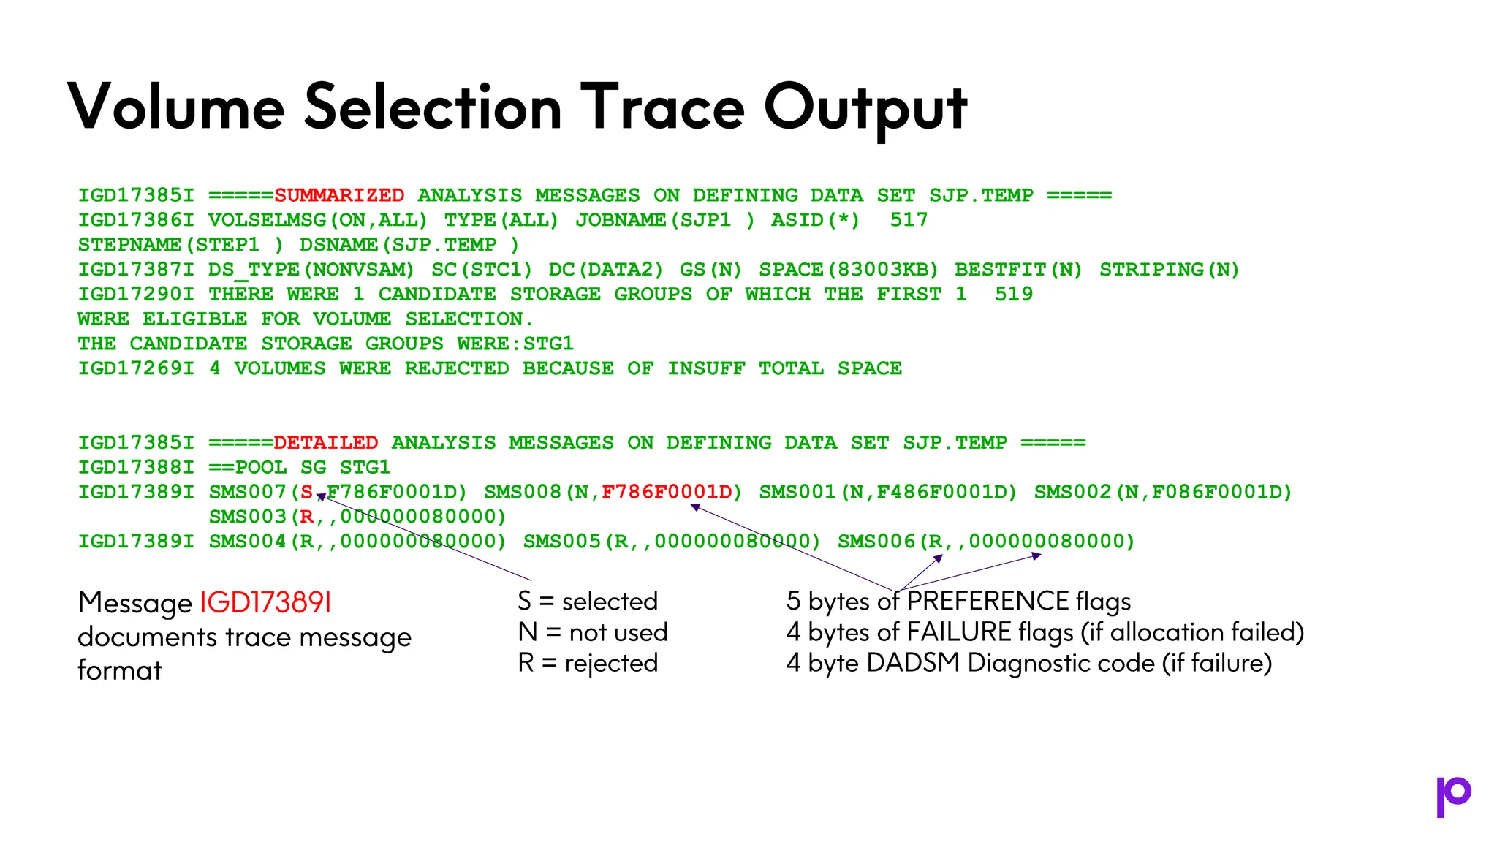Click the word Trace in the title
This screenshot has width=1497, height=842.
pyautogui.click(x=662, y=107)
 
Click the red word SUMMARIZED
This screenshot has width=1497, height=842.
pyautogui.click(x=339, y=195)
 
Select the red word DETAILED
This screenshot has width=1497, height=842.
pyautogui.click(x=326, y=442)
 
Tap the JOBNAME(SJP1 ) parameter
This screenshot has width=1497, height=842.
pyautogui.click(x=664, y=220)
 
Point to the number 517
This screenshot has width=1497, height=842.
pyautogui.click(x=909, y=220)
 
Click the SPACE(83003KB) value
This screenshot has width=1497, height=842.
pyautogui.click(x=848, y=270)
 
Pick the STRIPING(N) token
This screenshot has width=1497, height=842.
pyautogui.click(x=1169, y=270)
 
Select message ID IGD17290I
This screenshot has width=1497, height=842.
pyautogui.click(x=136, y=295)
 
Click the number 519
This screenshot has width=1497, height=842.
pyautogui.click(x=1014, y=295)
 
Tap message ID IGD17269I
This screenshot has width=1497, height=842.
pyautogui.click(x=136, y=368)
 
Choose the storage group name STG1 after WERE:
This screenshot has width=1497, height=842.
pyautogui.click(x=548, y=344)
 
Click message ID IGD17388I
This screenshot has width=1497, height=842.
pyautogui.click(x=136, y=467)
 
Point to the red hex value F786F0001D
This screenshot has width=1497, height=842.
pyautogui.click(x=667, y=492)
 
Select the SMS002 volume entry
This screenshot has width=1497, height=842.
pyautogui.click(x=1163, y=492)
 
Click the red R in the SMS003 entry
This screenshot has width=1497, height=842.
pyautogui.click(x=306, y=517)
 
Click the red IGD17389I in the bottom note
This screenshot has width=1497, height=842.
pyautogui.click(x=265, y=603)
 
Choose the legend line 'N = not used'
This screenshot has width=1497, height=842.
pyautogui.click(x=593, y=632)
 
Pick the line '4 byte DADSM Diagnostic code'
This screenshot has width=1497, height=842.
pyautogui.click(x=1028, y=663)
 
